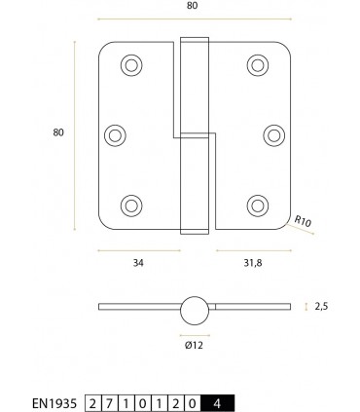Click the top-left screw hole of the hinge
click(130, 65)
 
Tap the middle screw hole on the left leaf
click(115, 133)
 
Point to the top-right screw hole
click(258, 65)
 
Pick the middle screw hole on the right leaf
click(272, 133)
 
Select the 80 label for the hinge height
click(59, 132)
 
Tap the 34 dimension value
click(139, 261)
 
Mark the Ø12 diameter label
click(195, 344)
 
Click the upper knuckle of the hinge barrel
click(196, 87)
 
